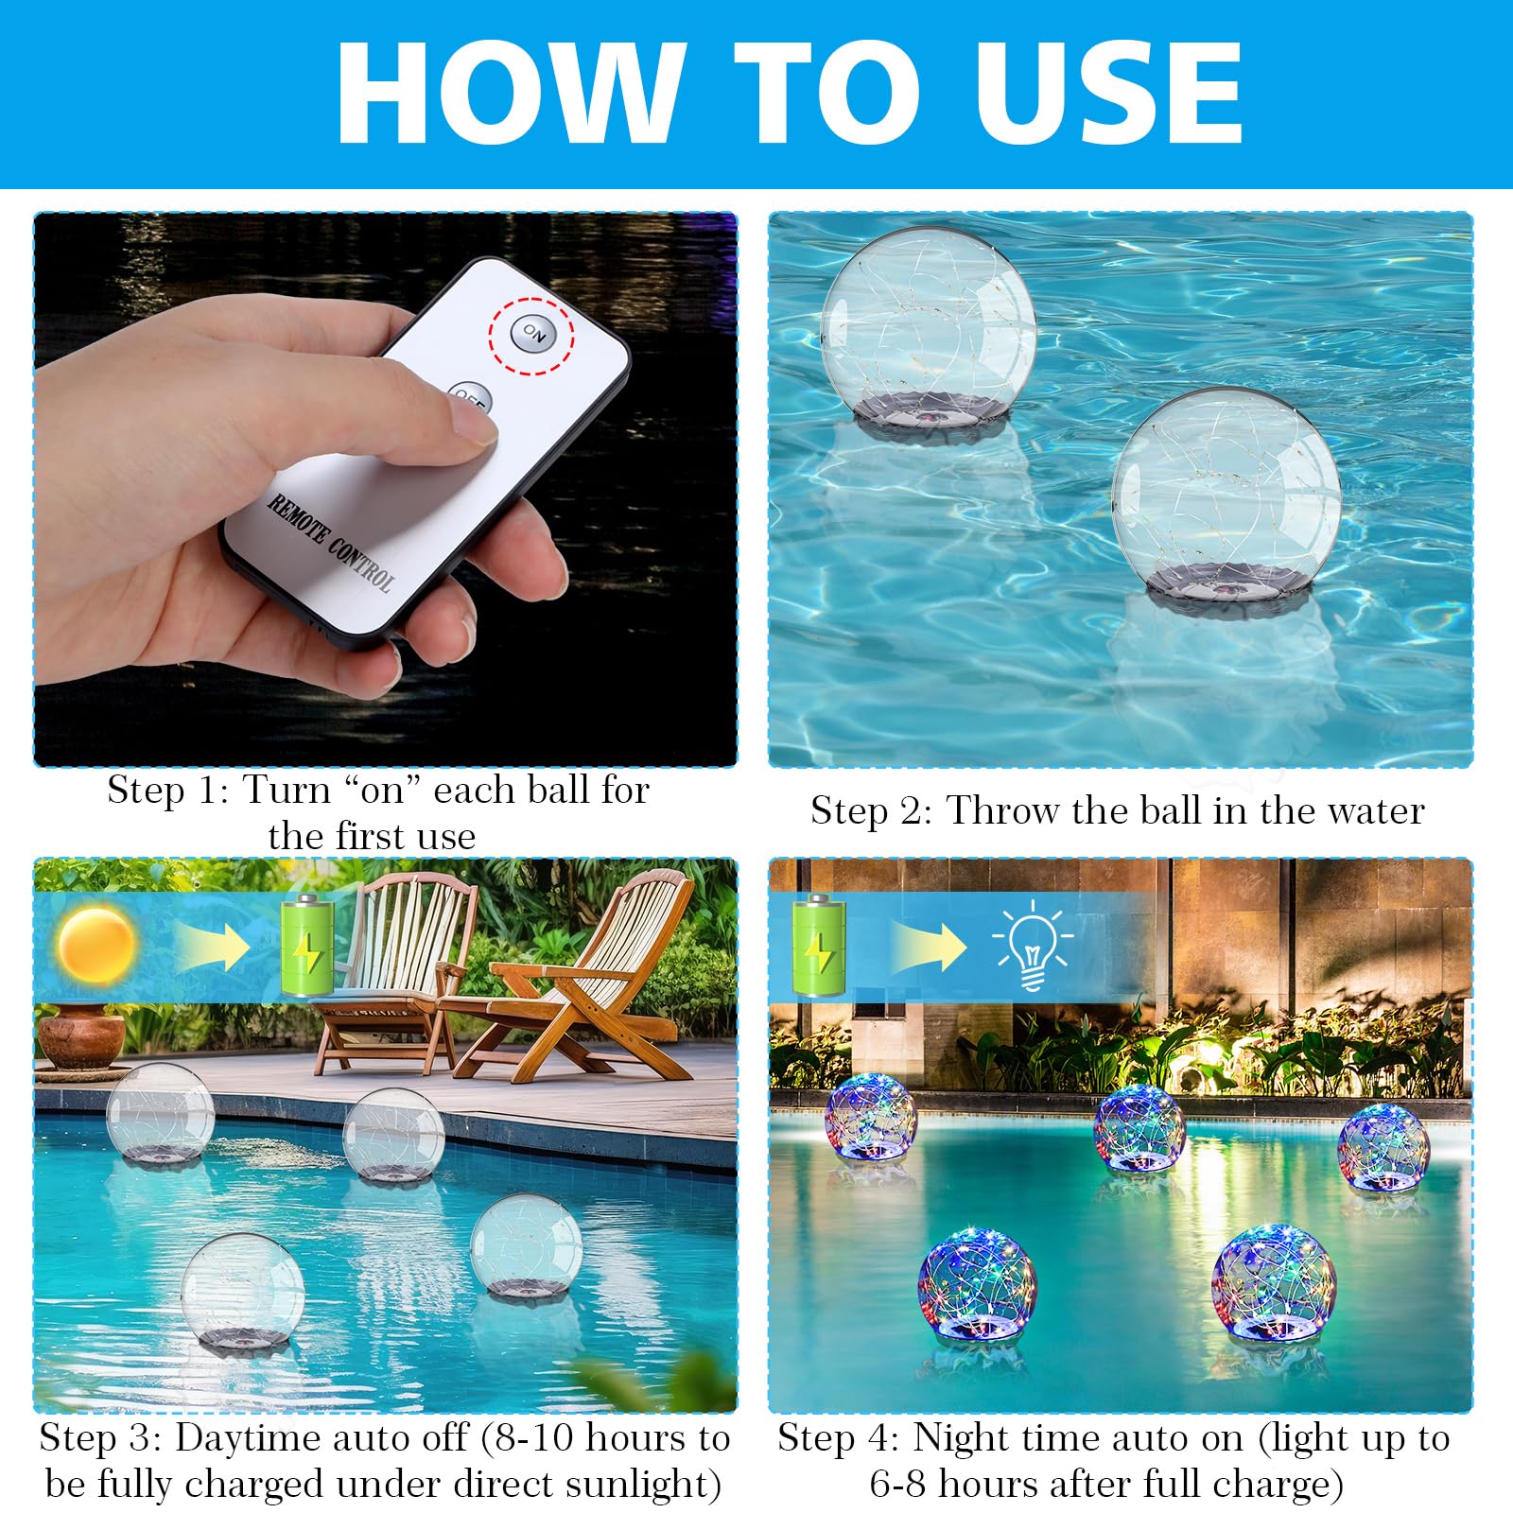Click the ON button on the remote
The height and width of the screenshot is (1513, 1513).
coord(532,333)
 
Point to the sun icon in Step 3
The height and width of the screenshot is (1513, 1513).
coord(96,945)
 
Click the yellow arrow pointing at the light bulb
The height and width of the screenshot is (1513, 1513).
coord(928,947)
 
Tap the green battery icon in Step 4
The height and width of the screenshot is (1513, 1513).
coord(819,947)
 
